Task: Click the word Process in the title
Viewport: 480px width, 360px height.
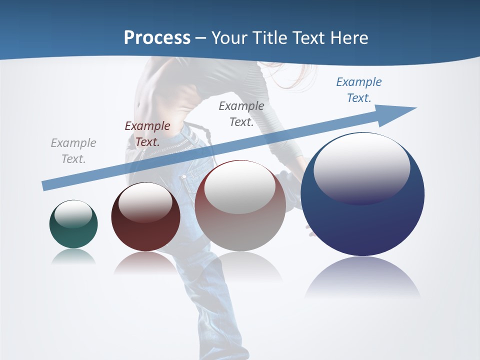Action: (x=157, y=38)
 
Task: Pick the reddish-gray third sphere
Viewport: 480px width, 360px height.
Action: (x=240, y=220)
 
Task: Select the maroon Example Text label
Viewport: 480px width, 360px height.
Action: (x=147, y=134)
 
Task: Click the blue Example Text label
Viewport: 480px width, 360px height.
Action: (x=359, y=90)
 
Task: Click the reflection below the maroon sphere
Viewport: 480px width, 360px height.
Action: (x=145, y=262)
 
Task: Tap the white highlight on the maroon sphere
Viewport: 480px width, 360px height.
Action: (x=145, y=201)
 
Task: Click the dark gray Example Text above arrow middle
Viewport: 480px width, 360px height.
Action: (x=241, y=114)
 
